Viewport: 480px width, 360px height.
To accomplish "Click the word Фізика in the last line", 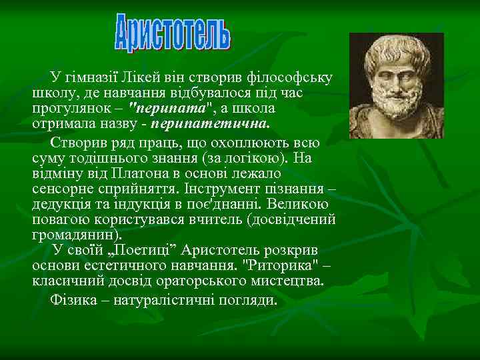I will tap(72, 300).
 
